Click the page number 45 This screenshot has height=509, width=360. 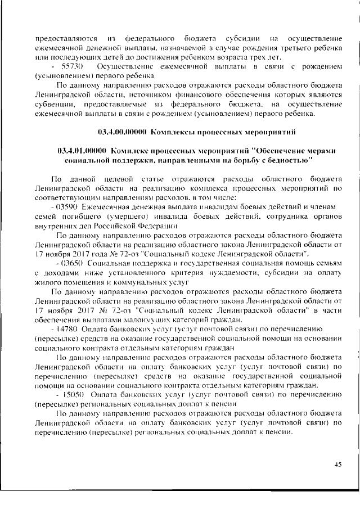[x=337, y=465]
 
